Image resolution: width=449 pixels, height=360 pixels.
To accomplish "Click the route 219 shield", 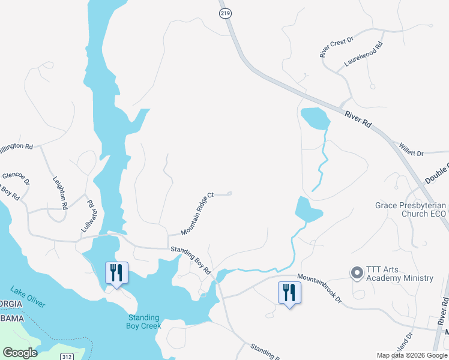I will click(224, 12).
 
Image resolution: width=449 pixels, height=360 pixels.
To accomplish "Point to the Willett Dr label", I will click(411, 149).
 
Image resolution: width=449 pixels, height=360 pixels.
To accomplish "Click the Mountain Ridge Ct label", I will click(197, 214).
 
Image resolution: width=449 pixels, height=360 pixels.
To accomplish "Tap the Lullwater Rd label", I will click(88, 216).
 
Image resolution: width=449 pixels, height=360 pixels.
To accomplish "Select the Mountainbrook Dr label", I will click(319, 288).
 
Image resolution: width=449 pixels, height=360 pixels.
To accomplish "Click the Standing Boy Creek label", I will click(143, 322).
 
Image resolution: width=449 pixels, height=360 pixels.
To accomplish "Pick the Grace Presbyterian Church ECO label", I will click(410, 209).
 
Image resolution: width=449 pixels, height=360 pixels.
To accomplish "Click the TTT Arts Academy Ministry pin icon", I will click(357, 273).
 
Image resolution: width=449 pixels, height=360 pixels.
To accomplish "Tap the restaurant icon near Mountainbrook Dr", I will click(289, 293).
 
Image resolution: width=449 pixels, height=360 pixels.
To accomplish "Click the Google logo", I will click(20, 353).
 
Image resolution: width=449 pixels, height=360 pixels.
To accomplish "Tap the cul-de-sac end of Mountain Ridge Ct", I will click(229, 193).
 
